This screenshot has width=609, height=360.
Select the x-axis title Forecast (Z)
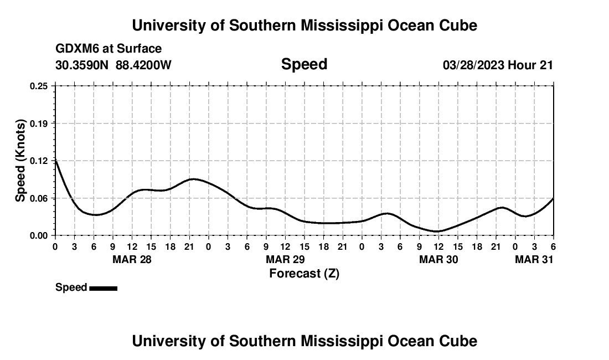click(304, 273)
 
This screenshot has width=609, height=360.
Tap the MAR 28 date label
click(132, 259)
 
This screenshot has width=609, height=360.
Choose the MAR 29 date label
click(286, 259)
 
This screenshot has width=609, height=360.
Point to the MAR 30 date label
click(439, 259)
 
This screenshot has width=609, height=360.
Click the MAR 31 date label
click(534, 259)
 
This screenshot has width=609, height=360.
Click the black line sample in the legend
click(103, 288)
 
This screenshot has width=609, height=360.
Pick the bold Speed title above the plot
click(304, 64)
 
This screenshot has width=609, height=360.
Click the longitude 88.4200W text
click(144, 65)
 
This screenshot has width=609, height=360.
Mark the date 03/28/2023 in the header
click(473, 65)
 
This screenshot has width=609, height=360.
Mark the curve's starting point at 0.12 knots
click(55, 161)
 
